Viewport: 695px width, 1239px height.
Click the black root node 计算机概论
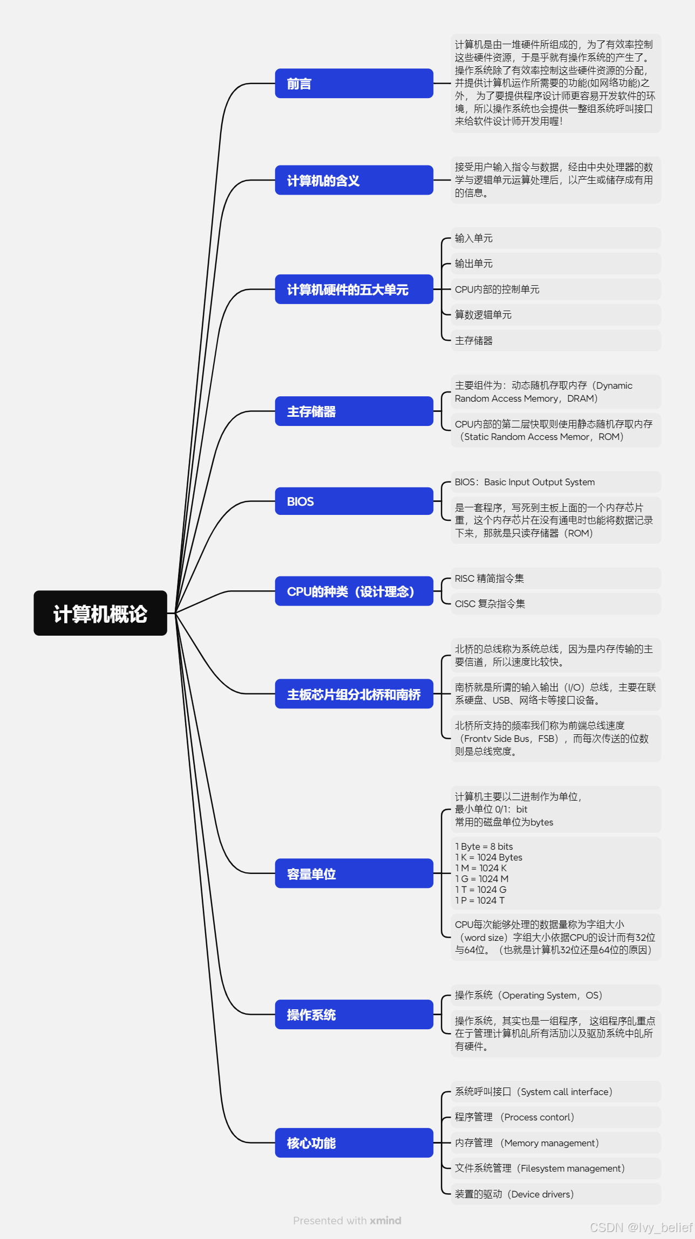tap(100, 613)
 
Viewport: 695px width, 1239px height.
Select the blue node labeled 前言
tap(354, 84)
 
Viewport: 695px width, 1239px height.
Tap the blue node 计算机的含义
tap(354, 180)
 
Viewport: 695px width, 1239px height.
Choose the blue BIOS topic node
tap(354, 501)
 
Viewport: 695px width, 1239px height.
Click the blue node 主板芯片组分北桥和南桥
tap(354, 694)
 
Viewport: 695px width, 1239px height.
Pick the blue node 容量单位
tap(354, 873)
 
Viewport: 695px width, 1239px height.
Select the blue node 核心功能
tap(354, 1142)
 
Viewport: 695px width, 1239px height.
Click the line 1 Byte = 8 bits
tap(484, 846)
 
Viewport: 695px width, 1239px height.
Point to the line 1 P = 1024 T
tap(480, 900)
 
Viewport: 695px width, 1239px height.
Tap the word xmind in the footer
tap(385, 1221)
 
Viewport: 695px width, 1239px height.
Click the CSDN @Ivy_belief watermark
tap(641, 1228)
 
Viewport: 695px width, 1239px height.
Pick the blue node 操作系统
tap(354, 1014)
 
